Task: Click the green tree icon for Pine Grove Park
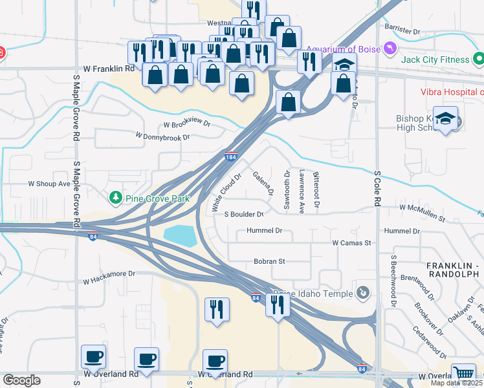click(116, 196)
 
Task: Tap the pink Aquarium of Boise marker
click(389, 48)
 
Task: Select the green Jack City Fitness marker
click(478, 60)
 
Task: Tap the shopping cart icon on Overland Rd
click(463, 373)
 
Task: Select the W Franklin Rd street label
click(109, 68)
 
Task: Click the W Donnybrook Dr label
click(162, 136)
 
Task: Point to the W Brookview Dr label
click(187, 124)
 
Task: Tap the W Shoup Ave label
click(49, 184)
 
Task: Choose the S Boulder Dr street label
click(243, 214)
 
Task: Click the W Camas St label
click(351, 243)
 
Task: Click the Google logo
click(21, 380)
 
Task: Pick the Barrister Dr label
click(402, 30)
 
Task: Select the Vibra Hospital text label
click(452, 92)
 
